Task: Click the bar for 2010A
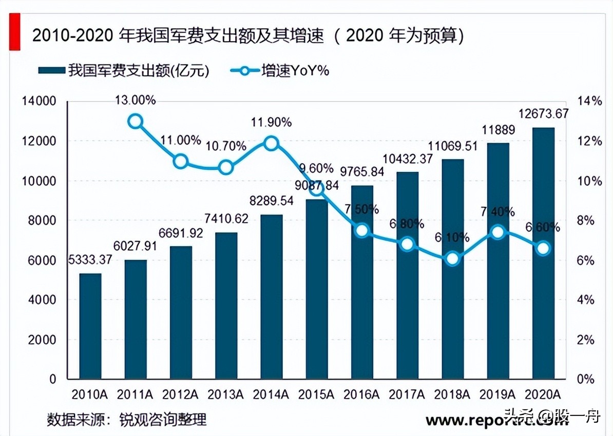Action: click(90, 326)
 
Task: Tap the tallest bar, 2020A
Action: click(543, 253)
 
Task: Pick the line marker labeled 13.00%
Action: click(135, 122)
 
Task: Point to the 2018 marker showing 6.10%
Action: click(452, 259)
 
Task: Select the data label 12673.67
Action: click(544, 114)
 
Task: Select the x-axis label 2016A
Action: click(361, 395)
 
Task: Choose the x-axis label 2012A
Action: click(180, 395)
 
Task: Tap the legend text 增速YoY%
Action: click(295, 70)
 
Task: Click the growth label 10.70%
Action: click(226, 146)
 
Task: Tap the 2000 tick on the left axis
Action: click(45, 340)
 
